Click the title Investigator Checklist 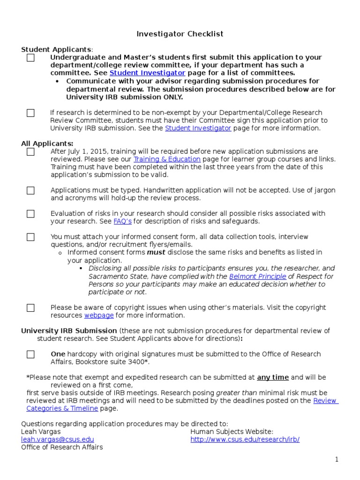(180, 34)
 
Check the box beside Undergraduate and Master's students (30, 58)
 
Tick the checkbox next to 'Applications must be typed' (30, 190)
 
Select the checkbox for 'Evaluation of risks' (30, 214)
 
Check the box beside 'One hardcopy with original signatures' (30, 354)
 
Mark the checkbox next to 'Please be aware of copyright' (30, 308)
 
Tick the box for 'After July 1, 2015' (30, 152)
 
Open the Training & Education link (167, 159)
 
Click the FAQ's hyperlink (122, 221)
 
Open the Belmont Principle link (257, 277)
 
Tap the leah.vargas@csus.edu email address (57, 439)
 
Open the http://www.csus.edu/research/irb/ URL (245, 439)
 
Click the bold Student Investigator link (147, 73)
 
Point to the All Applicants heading (47, 143)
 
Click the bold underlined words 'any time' (273, 377)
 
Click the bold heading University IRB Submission (69, 331)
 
